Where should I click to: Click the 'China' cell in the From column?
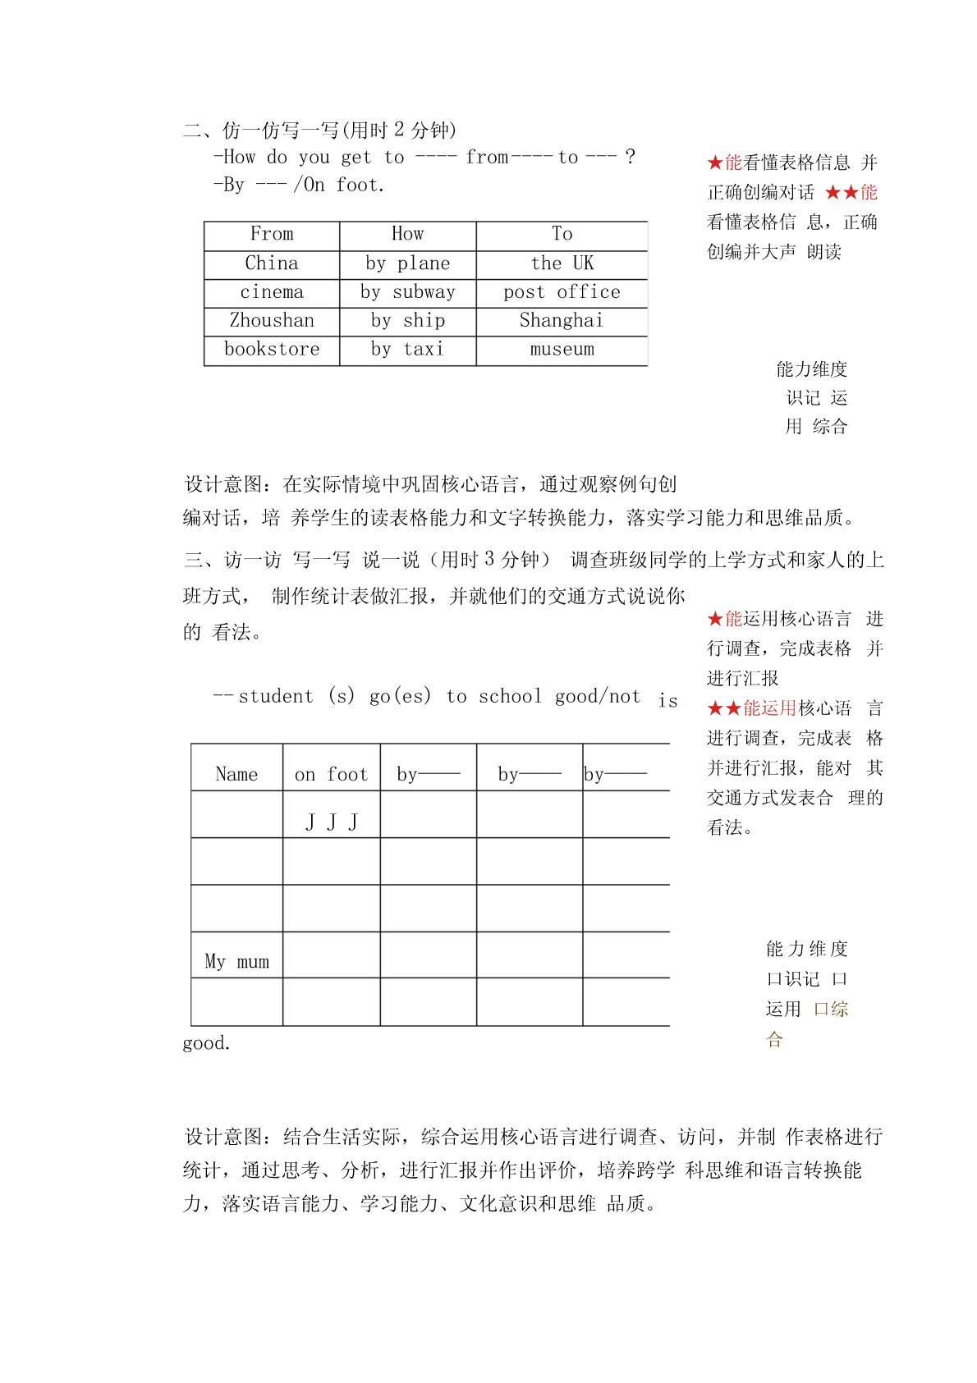tap(272, 263)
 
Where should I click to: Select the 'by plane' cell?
tap(408, 263)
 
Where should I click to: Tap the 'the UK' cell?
tap(562, 263)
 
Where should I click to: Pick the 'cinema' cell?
tap(272, 292)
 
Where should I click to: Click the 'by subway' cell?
tap(408, 292)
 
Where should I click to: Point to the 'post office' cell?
tap(562, 292)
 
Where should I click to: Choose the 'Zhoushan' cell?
tap(272, 320)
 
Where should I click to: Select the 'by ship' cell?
tap(408, 320)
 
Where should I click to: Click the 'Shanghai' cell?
tap(562, 320)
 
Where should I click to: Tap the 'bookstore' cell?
tap(272, 349)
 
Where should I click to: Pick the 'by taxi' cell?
tap(408, 349)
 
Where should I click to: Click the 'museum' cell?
tap(562, 349)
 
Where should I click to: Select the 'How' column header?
tap(408, 234)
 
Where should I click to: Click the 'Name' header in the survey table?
tap(236, 774)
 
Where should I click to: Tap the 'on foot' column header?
tap(331, 774)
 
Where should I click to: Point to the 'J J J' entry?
tap(332, 822)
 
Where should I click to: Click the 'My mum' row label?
tap(236, 961)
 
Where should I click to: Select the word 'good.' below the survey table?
tap(206, 1043)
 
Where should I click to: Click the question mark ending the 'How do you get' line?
tap(630, 156)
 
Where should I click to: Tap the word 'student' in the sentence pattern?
tap(276, 697)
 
